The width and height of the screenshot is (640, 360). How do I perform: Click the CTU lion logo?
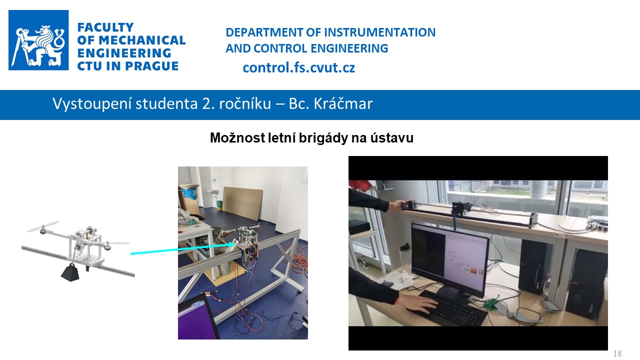pyautogui.click(x=38, y=40)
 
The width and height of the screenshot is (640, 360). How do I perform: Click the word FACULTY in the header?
pyautogui.click(x=105, y=27)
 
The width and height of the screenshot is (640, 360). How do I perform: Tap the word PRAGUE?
pyautogui.click(x=151, y=66)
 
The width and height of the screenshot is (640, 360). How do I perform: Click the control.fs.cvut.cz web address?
pyautogui.click(x=299, y=67)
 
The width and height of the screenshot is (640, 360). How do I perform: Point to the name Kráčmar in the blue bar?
pyautogui.click(x=343, y=103)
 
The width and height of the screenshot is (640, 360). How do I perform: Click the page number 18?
pyautogui.click(x=617, y=353)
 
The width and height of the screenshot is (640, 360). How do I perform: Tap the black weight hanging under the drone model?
pyautogui.click(x=70, y=272)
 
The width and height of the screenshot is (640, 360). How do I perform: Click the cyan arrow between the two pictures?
pyautogui.click(x=182, y=249)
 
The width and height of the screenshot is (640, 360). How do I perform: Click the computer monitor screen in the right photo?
pyautogui.click(x=449, y=255)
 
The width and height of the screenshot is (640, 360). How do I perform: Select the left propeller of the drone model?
pyautogui.click(x=43, y=226)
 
